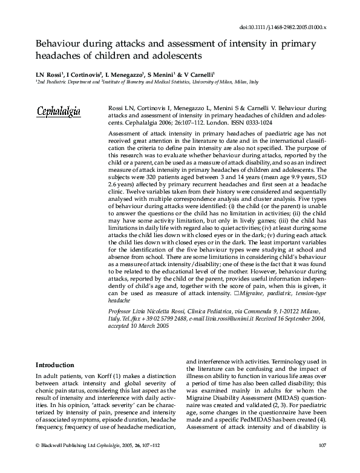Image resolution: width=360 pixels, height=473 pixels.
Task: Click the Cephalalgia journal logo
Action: (x=62, y=112)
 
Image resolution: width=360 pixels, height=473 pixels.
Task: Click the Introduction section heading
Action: (x=54, y=365)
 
